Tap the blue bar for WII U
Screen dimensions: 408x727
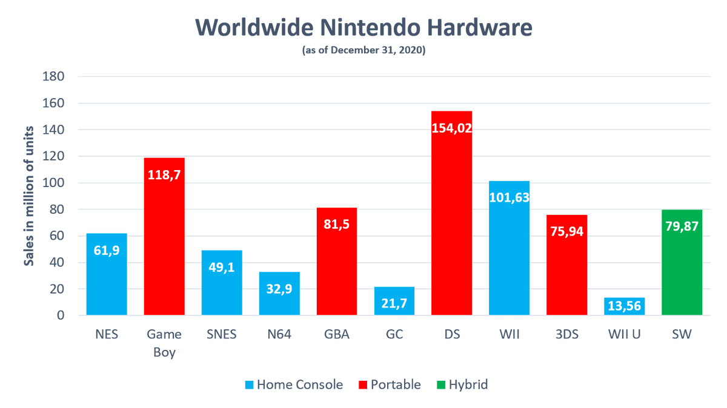pyautogui.click(x=624, y=306)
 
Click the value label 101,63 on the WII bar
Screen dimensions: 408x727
pyautogui.click(x=509, y=200)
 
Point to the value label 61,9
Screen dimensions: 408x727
pyautogui.click(x=107, y=250)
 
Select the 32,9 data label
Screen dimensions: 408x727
pyautogui.click(x=279, y=289)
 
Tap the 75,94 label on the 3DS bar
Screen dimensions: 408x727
pyautogui.click(x=566, y=232)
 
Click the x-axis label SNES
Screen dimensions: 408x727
pyautogui.click(x=222, y=335)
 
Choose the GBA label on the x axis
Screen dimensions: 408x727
pyautogui.click(x=337, y=335)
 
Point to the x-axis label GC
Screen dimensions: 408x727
pyautogui.click(x=394, y=335)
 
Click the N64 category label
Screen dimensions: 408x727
pyautogui.click(x=279, y=335)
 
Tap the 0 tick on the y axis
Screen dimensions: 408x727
pyautogui.click(x=61, y=315)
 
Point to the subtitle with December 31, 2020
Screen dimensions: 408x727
pyautogui.click(x=363, y=51)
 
